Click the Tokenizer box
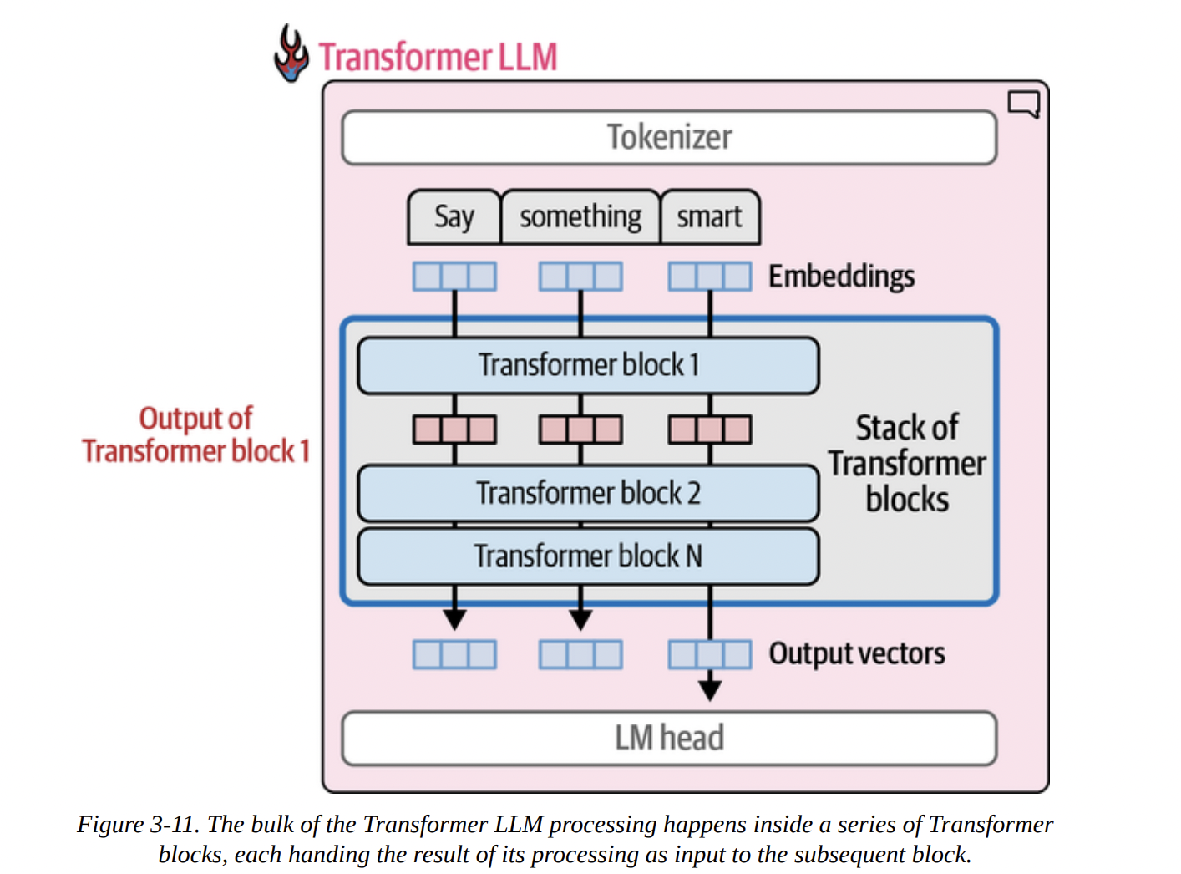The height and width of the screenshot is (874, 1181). [669, 138]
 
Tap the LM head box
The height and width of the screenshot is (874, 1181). [669, 739]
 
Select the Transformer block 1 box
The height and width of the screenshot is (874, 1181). [588, 365]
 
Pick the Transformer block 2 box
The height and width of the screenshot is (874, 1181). [588, 494]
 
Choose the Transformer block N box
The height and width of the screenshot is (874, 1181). [588, 556]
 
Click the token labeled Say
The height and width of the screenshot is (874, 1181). [454, 217]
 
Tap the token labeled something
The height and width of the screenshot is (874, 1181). [580, 217]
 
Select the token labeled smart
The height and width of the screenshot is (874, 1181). [710, 217]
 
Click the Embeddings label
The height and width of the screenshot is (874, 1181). [841, 277]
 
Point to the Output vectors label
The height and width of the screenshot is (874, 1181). [857, 653]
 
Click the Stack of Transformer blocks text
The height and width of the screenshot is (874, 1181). [907, 464]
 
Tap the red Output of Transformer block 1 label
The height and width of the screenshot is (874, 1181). [196, 434]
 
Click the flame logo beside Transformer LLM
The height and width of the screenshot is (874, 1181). [291, 54]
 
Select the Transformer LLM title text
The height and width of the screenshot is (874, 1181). [438, 58]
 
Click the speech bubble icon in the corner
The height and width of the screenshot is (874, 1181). [1023, 104]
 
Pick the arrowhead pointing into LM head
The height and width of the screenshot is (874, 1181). [710, 690]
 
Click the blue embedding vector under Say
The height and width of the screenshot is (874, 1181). [454, 277]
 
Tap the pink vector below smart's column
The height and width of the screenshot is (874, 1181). [710, 429]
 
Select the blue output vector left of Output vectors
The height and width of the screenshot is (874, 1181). [710, 654]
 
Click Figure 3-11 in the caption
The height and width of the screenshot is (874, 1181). [138, 825]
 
